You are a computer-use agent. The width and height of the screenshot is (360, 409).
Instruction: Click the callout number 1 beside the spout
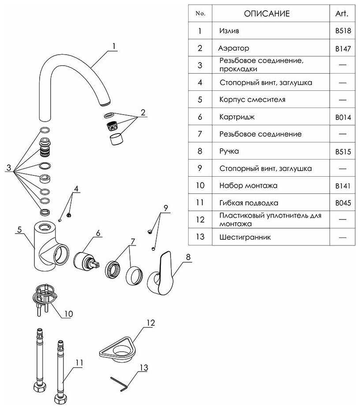[x=114, y=46]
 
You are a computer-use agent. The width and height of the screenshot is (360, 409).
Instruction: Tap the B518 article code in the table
[x=342, y=31]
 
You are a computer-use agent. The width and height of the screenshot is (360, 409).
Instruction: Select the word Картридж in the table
[x=237, y=117]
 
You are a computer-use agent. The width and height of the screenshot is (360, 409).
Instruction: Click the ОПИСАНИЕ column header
[x=267, y=14]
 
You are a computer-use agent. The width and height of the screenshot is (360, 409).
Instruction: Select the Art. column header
[x=342, y=14]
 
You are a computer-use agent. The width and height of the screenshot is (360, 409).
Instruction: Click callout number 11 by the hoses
[x=79, y=363]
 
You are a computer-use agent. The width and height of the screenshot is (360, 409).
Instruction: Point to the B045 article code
[x=342, y=203]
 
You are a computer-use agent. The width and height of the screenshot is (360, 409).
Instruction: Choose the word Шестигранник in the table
[x=245, y=237]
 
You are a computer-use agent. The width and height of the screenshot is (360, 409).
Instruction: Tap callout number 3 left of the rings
[x=8, y=168]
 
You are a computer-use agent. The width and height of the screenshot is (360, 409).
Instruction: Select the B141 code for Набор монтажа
[x=342, y=186]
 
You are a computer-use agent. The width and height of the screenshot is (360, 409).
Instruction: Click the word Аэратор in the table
[x=234, y=48]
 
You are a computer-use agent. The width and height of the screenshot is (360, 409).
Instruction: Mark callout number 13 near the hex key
[x=144, y=367]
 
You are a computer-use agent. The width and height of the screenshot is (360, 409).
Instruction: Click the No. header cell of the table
[x=200, y=14]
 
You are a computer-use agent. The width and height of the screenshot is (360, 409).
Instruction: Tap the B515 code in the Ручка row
[x=342, y=152]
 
